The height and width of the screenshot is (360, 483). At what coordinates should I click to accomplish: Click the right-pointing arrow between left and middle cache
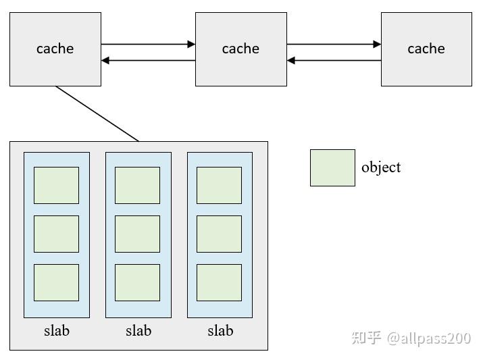[148, 45]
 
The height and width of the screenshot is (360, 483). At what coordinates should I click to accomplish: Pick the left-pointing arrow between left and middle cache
[148, 61]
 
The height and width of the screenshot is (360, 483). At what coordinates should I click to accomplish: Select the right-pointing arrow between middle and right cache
[334, 45]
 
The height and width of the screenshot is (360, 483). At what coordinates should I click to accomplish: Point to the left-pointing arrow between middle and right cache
[334, 61]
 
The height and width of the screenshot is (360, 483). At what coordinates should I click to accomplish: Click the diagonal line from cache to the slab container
[97, 114]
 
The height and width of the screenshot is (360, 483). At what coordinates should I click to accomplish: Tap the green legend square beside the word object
[332, 168]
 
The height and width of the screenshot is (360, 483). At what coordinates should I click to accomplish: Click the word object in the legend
[381, 168]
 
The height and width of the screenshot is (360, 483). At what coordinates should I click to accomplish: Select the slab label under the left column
[57, 330]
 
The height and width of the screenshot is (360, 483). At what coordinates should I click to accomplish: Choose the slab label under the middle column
[138, 330]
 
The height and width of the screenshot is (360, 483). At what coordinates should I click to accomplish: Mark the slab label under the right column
[220, 330]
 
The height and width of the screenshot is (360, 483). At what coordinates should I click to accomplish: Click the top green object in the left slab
[57, 185]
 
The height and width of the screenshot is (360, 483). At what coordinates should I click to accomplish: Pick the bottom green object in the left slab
[57, 282]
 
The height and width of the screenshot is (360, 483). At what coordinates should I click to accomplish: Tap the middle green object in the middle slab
[138, 234]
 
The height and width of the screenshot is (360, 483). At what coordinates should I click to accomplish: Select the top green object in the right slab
[219, 185]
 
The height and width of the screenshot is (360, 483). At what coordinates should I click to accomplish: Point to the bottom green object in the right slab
[219, 282]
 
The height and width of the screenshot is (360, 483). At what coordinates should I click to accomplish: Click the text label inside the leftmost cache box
[55, 49]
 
